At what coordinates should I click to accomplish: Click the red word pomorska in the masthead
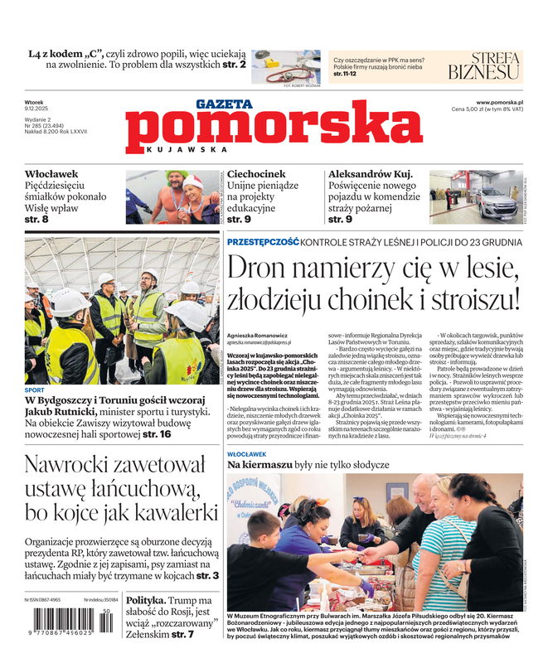coord(274,132)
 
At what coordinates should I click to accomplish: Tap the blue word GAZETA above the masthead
coord(224,104)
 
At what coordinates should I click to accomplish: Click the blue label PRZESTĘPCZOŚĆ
coord(263,241)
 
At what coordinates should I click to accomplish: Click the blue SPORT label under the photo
coord(35,390)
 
